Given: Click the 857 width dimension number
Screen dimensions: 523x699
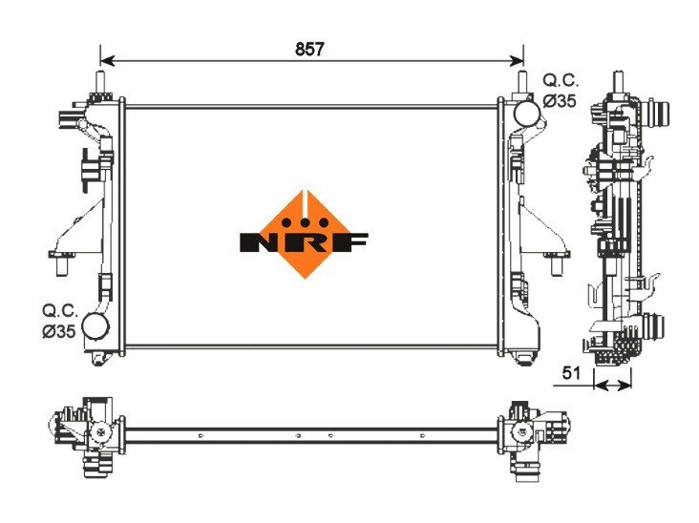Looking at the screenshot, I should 310,48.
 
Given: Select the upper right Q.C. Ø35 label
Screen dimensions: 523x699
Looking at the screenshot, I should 560,90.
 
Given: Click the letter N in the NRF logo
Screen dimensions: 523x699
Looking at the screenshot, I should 259,241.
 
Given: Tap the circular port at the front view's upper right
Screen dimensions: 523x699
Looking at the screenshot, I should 526,113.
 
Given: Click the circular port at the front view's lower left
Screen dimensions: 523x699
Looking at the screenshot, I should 96,325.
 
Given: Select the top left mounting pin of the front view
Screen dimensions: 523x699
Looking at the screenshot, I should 99,82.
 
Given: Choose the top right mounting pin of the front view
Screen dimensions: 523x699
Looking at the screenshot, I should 522,82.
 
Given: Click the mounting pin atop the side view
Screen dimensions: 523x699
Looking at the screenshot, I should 618,82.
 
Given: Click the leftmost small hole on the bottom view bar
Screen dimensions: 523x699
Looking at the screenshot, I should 201,436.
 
